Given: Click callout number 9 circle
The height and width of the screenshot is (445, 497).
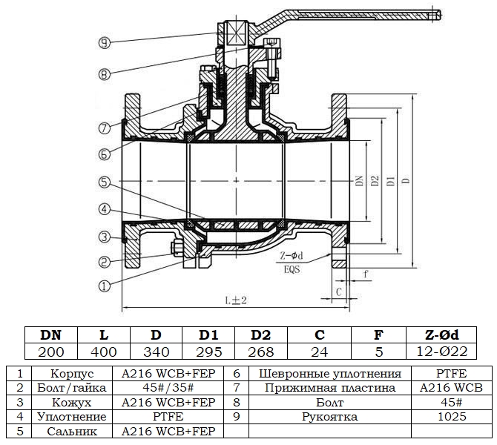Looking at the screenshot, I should [x=105, y=42].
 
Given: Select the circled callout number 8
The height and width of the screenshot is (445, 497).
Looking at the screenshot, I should [x=104, y=73].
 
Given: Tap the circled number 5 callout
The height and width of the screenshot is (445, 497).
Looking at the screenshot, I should [x=105, y=181].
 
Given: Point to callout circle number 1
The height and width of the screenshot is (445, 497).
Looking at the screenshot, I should [x=104, y=283].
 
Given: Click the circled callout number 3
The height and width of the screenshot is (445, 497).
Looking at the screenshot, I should [x=105, y=237].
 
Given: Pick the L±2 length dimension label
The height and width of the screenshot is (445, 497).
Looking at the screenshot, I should [x=236, y=300].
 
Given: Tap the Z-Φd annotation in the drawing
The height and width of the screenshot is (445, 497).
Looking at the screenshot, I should [x=292, y=254].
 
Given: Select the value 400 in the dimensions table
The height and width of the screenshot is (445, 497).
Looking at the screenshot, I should [x=104, y=352].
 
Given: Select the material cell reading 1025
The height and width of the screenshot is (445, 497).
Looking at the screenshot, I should [x=451, y=416].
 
